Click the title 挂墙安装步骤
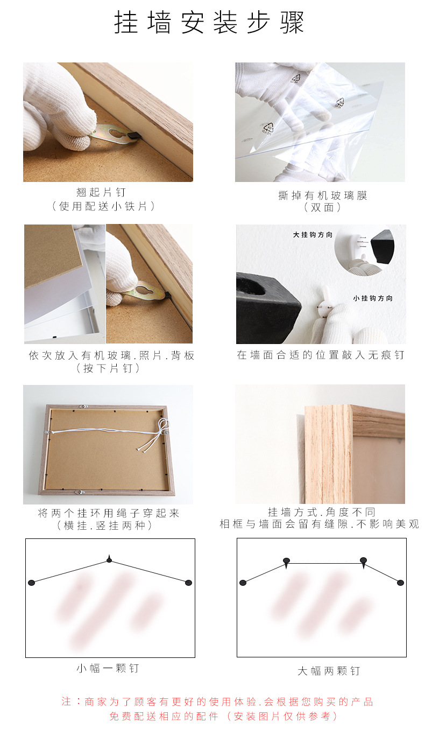(209, 23)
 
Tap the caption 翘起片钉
(102, 192)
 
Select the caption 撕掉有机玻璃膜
(322, 195)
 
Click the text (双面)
(322, 207)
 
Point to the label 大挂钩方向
(313, 235)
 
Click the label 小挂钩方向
(373, 298)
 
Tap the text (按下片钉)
(108, 368)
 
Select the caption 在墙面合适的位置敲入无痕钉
(321, 355)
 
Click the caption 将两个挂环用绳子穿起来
(108, 513)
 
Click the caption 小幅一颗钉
(108, 668)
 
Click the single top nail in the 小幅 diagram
(109, 560)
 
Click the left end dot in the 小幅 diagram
(31, 583)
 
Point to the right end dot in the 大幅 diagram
(400, 583)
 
